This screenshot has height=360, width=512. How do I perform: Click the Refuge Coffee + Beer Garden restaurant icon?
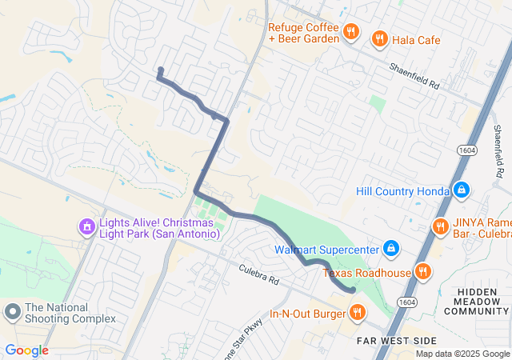point(350,32)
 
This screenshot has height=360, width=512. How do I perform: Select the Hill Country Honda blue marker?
point(461,190)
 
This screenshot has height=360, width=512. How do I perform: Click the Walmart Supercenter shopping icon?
point(390,250)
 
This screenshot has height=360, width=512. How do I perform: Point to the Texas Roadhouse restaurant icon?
point(423,272)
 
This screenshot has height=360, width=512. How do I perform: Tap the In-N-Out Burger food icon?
point(357,311)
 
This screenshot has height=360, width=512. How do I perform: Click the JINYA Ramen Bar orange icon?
point(439,227)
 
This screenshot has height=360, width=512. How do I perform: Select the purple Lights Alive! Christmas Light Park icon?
point(86,228)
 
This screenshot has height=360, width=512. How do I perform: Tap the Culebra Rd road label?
point(258,276)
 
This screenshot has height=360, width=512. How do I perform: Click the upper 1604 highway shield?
point(468,150)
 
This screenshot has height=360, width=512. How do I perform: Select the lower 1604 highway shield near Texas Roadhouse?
point(407,302)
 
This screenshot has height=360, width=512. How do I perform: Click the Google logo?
point(26,350)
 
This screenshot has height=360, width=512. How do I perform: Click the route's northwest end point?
point(161,70)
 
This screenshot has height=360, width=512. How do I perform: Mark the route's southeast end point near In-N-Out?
point(353,290)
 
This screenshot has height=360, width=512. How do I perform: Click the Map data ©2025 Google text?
point(462,354)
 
